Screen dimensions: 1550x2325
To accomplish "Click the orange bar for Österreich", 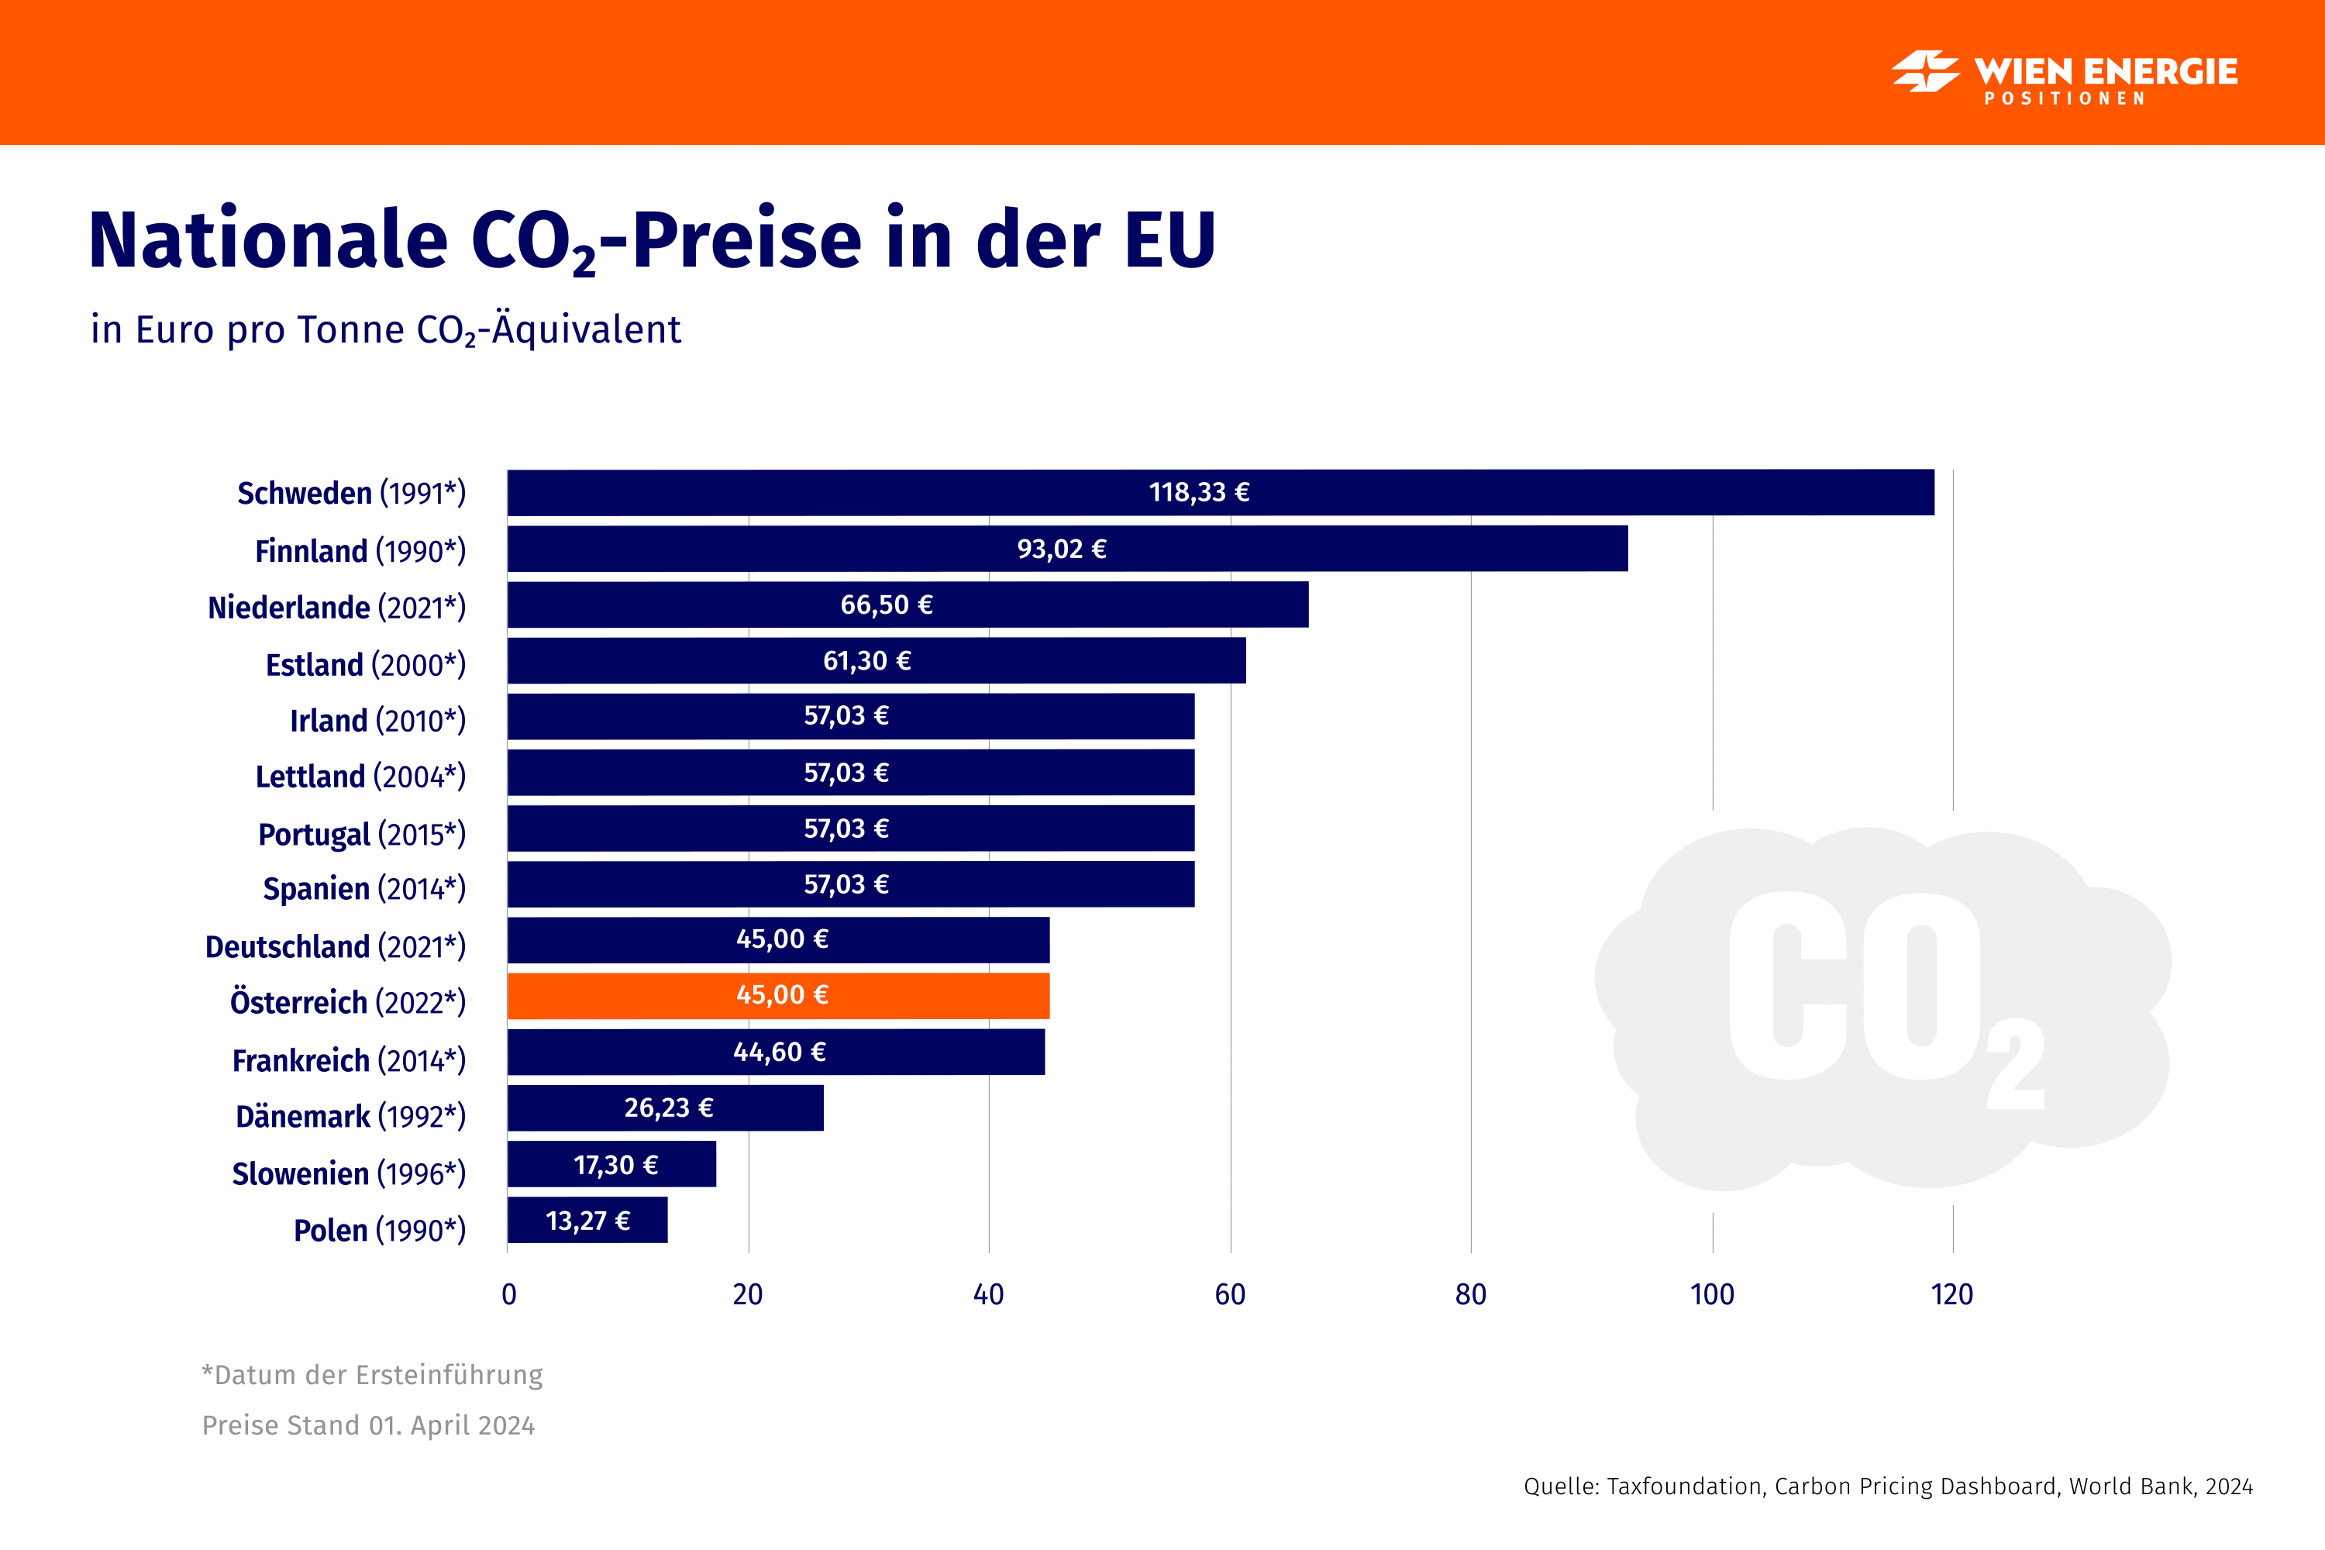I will (778, 995).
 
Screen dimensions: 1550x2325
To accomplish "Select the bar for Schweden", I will (1220, 492).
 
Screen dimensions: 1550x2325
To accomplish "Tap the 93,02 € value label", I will (1062, 549).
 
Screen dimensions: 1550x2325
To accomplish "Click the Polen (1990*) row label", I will (380, 1230).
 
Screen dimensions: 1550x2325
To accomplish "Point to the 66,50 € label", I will (887, 605).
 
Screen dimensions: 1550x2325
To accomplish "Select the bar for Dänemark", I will (665, 1108).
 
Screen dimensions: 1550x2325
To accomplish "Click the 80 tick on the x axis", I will (1471, 1294).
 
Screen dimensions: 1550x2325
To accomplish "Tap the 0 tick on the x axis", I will (509, 1294).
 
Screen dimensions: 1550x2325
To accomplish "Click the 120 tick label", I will (1951, 1294).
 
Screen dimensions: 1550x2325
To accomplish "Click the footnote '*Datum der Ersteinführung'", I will (373, 1375).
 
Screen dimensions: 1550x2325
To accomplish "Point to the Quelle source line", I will (1888, 1486).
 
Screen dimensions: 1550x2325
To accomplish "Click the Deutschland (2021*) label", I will (335, 946).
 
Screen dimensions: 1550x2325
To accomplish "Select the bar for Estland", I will (876, 660).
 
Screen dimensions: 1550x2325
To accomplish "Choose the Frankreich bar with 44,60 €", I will (776, 1052).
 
